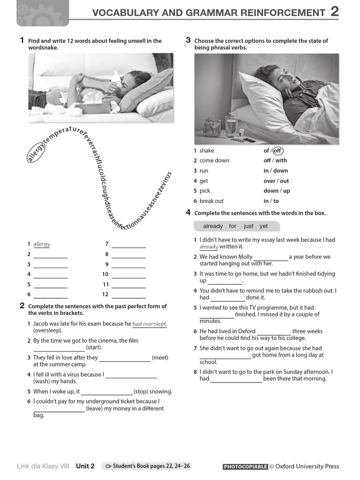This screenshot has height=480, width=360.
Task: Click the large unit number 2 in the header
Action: (x=334, y=11)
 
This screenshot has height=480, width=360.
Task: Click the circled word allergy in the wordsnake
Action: (x=37, y=152)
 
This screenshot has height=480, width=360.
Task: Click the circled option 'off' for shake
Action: (x=278, y=150)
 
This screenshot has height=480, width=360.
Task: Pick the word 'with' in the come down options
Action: (x=281, y=160)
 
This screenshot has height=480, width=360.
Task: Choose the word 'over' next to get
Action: (x=269, y=181)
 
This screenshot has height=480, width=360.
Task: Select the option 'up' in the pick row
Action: (x=286, y=191)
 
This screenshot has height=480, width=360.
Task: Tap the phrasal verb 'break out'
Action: (x=211, y=201)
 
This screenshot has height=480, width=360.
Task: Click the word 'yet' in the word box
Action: (x=264, y=226)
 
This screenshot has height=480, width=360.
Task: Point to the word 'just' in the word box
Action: (x=248, y=226)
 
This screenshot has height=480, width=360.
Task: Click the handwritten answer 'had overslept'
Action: (x=150, y=324)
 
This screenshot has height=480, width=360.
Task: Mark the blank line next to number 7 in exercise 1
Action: (x=128, y=244)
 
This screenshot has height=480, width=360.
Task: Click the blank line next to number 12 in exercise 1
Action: (x=128, y=295)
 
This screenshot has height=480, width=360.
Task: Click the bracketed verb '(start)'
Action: (x=94, y=348)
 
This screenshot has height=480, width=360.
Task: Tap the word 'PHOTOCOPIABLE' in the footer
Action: (x=245, y=467)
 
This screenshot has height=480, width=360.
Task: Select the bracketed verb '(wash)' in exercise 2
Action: (x=41, y=382)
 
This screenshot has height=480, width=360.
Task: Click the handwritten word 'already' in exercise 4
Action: (x=209, y=247)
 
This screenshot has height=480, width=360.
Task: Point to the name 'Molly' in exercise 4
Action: (x=244, y=257)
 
